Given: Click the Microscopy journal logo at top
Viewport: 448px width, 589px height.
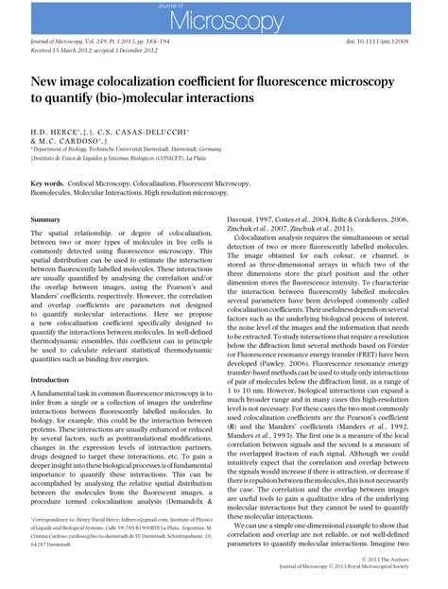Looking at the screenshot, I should pos(224,21).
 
